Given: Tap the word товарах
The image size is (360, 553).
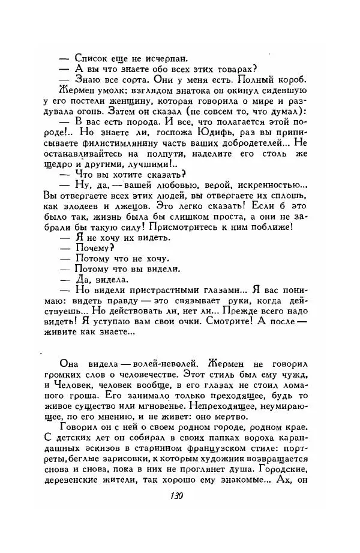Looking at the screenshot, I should point(233,69).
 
